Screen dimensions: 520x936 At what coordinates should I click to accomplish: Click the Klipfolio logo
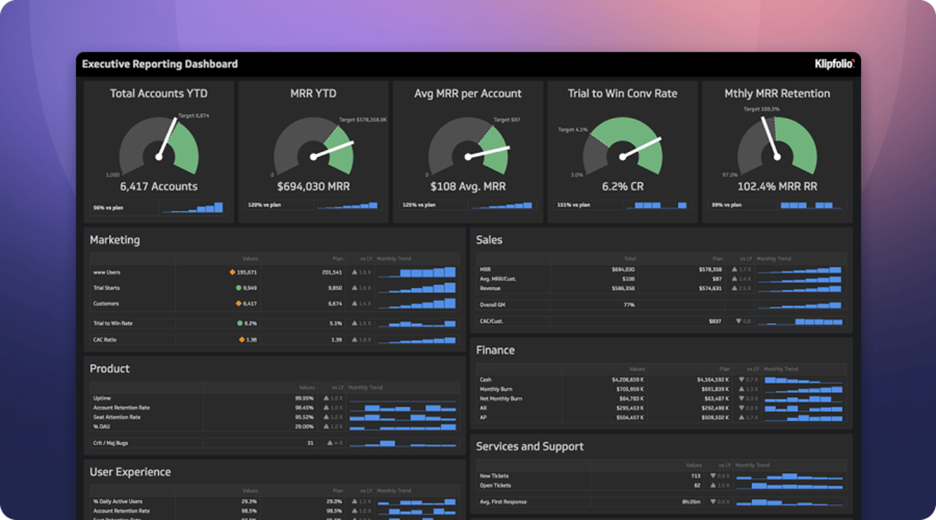(834, 64)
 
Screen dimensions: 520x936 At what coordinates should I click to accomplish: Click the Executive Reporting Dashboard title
(160, 64)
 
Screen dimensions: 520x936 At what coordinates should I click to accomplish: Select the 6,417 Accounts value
(159, 186)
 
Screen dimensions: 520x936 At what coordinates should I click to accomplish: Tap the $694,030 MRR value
(313, 186)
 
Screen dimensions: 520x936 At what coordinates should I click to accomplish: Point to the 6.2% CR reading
(623, 186)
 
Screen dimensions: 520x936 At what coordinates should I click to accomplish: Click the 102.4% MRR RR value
(777, 186)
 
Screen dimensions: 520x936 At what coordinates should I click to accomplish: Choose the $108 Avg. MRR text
(468, 186)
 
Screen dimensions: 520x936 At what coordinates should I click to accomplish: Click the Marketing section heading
(115, 240)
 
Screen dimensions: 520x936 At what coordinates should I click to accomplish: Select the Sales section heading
(489, 240)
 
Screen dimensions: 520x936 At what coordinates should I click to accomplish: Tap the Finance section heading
(495, 350)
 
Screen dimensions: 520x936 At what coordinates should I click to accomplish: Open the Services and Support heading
(530, 446)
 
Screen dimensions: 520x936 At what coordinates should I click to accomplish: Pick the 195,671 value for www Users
(247, 272)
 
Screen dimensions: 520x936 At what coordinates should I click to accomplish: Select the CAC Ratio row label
(105, 340)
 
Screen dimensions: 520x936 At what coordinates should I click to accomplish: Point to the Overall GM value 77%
(629, 305)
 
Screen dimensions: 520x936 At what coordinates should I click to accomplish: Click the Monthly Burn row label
(496, 389)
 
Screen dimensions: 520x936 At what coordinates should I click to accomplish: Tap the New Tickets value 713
(696, 476)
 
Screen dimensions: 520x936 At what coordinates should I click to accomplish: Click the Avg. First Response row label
(503, 501)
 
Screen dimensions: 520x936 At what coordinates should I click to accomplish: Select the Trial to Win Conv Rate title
(623, 94)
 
